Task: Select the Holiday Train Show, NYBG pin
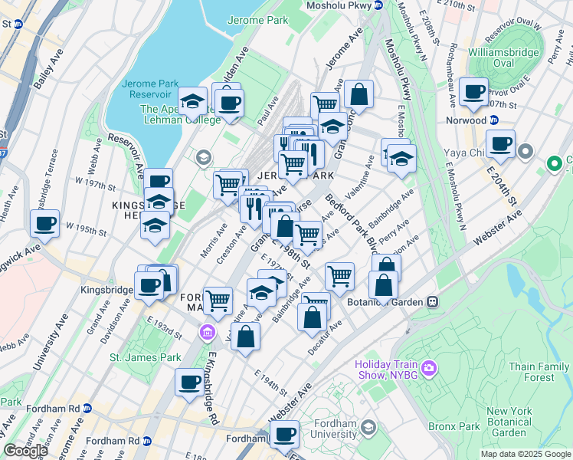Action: (428, 370)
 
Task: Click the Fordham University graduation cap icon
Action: (368, 427)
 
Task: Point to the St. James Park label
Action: (145, 356)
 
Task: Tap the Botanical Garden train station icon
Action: (433, 302)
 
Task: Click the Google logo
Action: (26, 451)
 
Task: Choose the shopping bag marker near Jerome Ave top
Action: (359, 95)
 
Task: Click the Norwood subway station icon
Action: (494, 120)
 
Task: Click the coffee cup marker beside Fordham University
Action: (284, 434)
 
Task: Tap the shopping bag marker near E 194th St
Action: (245, 337)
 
